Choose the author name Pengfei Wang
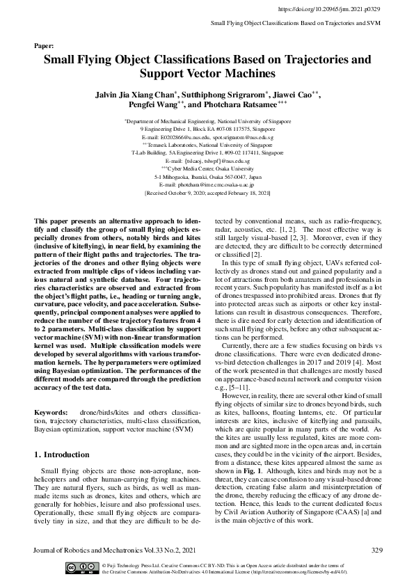(154, 105)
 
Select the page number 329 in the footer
(376, 550)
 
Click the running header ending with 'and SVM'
(296, 24)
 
